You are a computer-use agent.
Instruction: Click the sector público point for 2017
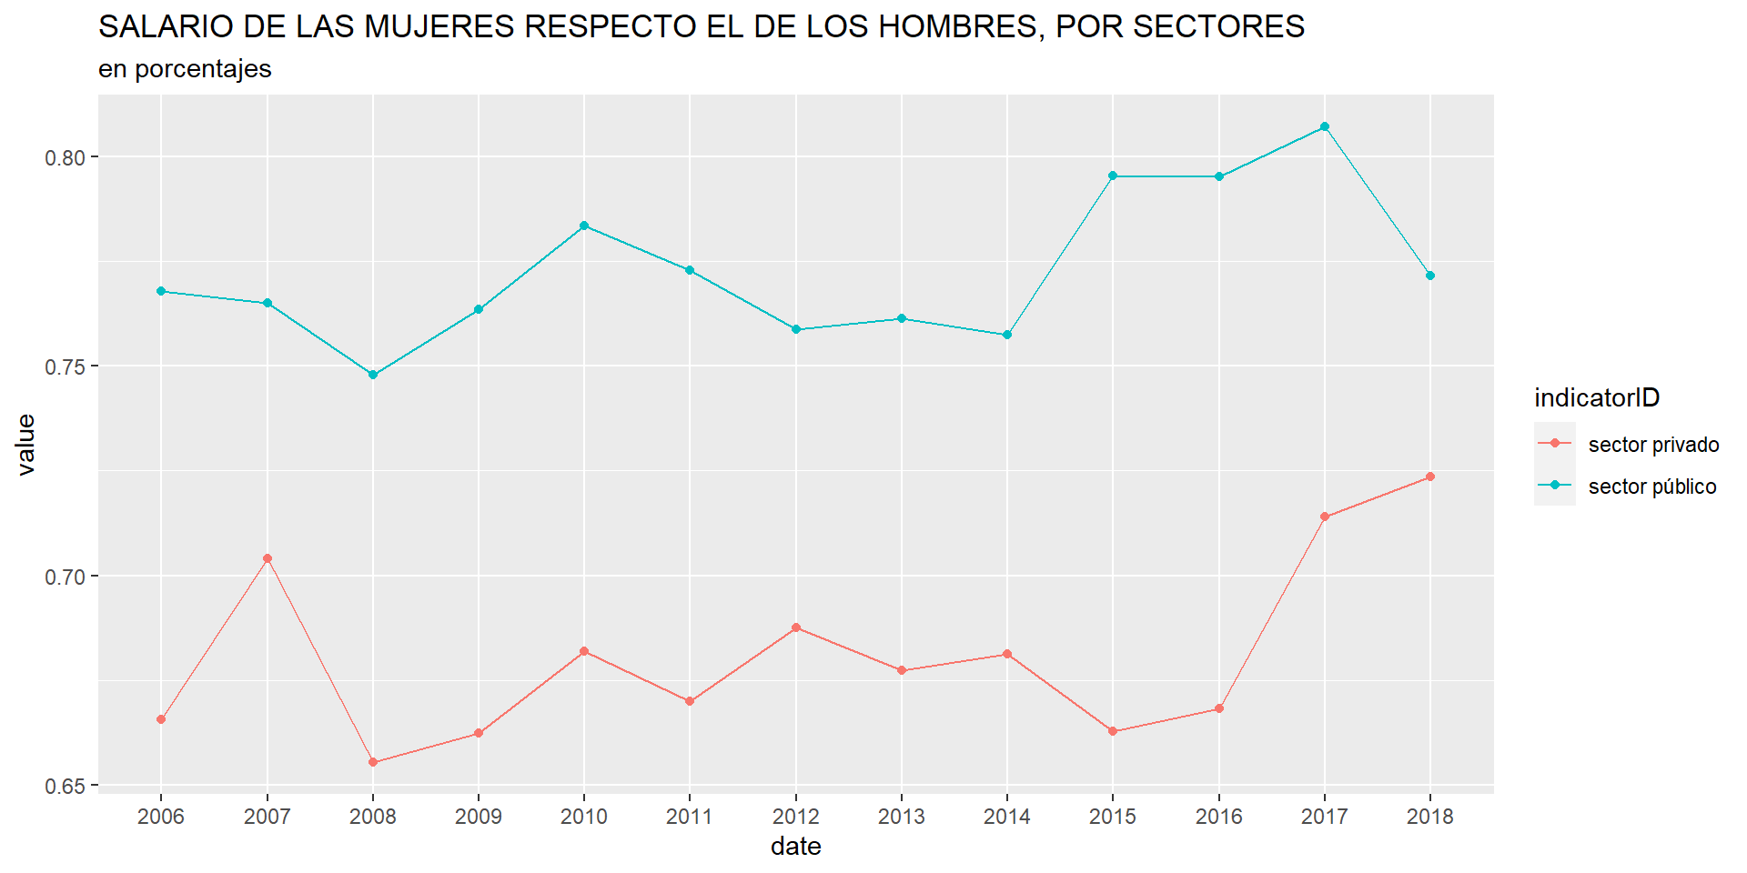[x=1325, y=126]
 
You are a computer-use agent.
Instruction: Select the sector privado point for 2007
[x=268, y=558]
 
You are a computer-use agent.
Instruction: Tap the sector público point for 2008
[x=373, y=375]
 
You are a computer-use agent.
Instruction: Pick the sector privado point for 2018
[x=1430, y=477]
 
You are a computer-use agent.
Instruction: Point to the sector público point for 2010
[x=584, y=226]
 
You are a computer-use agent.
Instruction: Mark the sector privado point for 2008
[x=373, y=762]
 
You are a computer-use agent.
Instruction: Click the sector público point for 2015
[x=1113, y=176]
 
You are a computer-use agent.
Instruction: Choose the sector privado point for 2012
[x=796, y=627]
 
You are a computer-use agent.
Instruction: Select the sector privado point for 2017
[x=1325, y=517]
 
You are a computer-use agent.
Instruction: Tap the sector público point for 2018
[x=1430, y=276]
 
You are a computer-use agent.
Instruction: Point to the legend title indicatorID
[x=1597, y=397]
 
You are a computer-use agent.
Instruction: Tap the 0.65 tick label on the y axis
[x=66, y=786]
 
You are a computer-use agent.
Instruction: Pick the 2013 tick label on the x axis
[x=902, y=817]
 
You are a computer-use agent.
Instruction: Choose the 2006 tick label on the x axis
[x=161, y=817]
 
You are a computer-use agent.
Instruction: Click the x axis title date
[x=796, y=847]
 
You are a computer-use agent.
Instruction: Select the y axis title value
[x=25, y=444]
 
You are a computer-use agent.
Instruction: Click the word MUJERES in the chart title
[x=439, y=27]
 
